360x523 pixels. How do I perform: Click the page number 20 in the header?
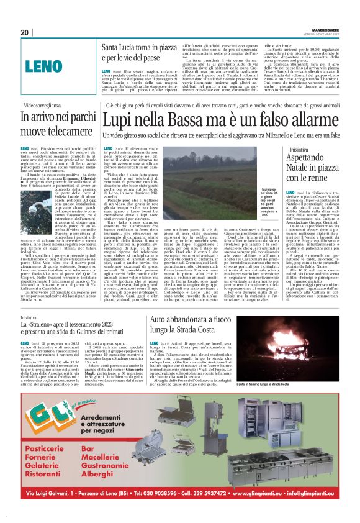(25, 33)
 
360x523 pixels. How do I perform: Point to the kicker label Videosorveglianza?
(41, 107)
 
